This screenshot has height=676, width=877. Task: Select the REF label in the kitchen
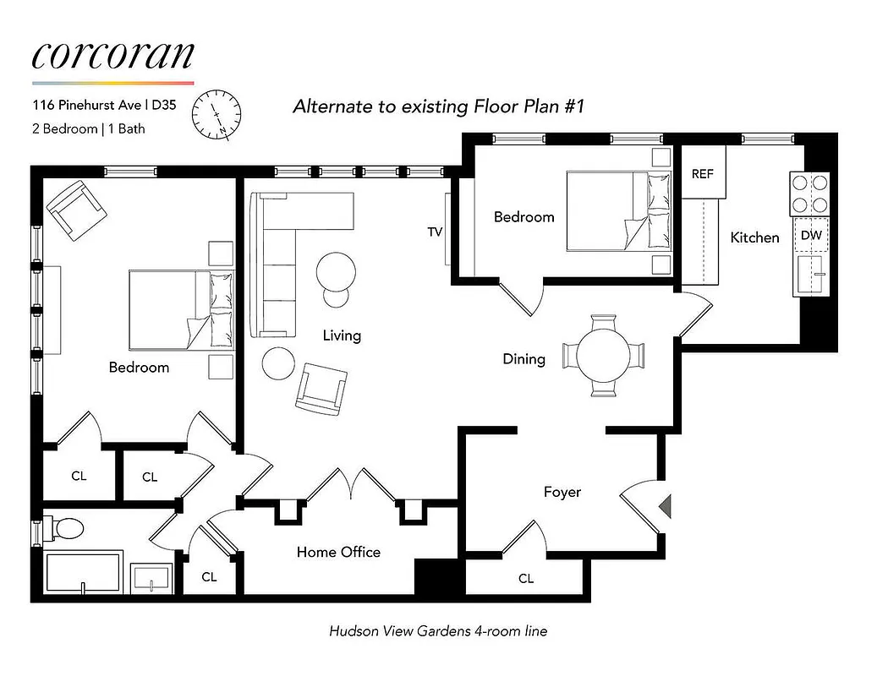702,174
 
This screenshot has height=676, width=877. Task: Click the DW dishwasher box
810,235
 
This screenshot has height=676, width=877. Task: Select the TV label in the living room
436,232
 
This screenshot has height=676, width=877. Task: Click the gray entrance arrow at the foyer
665,506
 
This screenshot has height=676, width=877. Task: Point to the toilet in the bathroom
64,529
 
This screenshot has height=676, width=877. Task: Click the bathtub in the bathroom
84,572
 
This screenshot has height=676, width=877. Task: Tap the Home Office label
338,552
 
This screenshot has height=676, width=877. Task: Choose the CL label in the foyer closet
526,579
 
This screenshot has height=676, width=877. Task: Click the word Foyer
562,492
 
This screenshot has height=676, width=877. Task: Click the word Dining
523,359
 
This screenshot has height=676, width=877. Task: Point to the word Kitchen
754,237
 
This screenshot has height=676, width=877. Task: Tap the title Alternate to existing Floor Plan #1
439,106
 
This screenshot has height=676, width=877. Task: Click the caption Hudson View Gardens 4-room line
438,631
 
